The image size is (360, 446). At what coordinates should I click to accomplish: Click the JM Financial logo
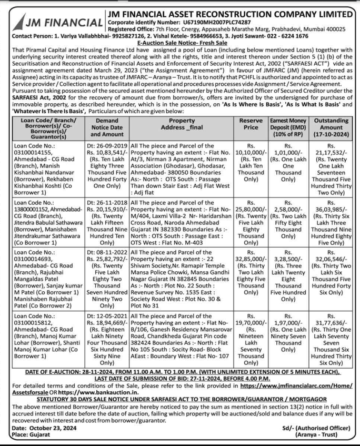pyautogui.click(x=55, y=22)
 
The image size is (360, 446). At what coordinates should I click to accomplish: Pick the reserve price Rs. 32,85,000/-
pyautogui.click(x=251, y=259)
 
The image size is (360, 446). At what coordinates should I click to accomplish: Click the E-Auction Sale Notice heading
pyautogui.click(x=179, y=43)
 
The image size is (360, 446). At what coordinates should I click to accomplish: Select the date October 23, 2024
pyautogui.click(x=49, y=428)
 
